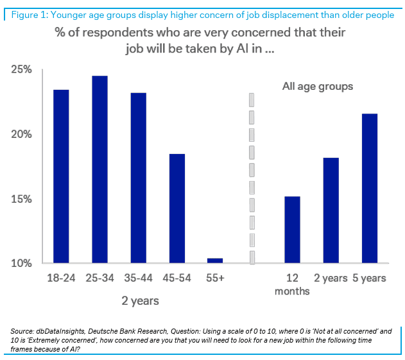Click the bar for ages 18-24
click(61, 176)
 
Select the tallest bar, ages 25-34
click(99, 169)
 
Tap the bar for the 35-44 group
click(138, 178)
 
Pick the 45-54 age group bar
click(177, 209)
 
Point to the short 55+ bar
click(215, 261)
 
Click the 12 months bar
click(292, 230)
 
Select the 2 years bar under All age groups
click(331, 210)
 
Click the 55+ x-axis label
click(215, 278)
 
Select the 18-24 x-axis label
click(61, 278)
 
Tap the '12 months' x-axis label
click(292, 284)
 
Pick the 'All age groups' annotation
click(318, 86)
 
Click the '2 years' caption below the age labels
click(140, 300)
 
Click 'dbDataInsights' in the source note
click(64, 330)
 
